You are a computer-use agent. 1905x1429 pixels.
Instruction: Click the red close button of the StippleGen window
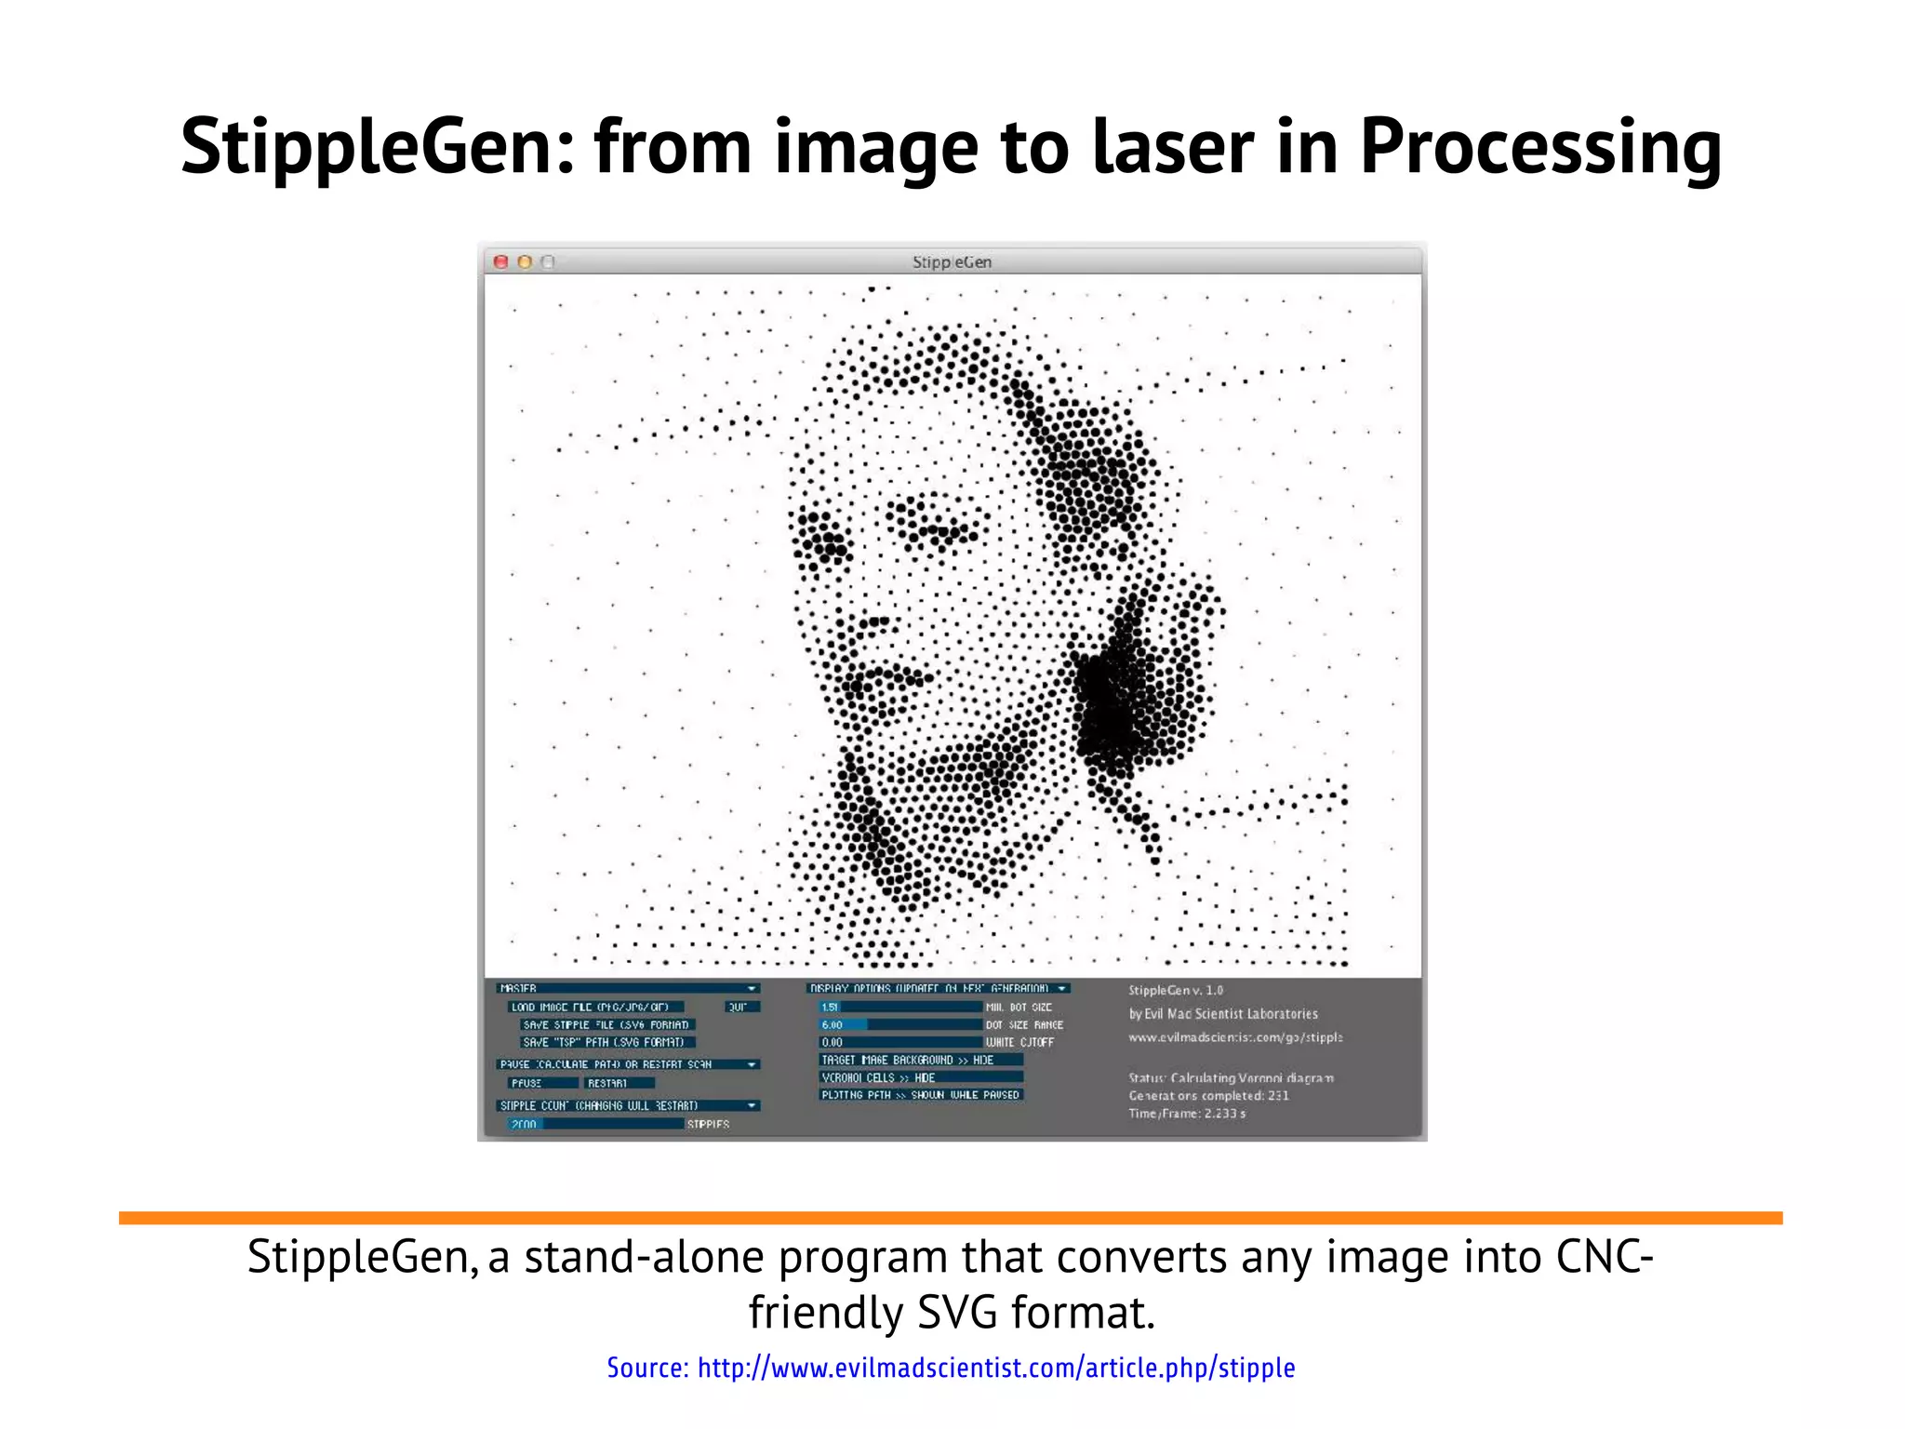click(x=500, y=262)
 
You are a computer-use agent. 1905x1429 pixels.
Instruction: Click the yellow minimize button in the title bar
click(x=525, y=262)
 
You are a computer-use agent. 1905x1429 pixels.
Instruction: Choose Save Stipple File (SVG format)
click(x=606, y=1024)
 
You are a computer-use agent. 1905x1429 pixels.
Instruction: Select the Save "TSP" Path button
click(x=606, y=1042)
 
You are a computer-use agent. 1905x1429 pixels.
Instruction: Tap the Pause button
click(x=541, y=1083)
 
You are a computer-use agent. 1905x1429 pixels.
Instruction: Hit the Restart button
click(x=619, y=1083)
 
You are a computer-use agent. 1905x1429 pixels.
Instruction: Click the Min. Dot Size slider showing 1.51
click(x=899, y=1007)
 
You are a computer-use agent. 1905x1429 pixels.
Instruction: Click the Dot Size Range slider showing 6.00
click(x=899, y=1024)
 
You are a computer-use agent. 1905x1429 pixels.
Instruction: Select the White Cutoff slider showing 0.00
click(x=899, y=1042)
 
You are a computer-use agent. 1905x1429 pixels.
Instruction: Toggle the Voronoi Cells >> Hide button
click(x=920, y=1077)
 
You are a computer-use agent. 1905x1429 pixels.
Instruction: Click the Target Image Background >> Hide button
click(x=920, y=1060)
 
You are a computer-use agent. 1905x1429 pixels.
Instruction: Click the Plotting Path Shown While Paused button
click(x=920, y=1095)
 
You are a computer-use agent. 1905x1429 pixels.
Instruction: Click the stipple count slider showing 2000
click(x=595, y=1124)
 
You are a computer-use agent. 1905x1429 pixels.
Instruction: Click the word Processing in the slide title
click(x=1540, y=147)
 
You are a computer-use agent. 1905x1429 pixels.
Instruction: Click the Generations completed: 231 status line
click(x=1208, y=1096)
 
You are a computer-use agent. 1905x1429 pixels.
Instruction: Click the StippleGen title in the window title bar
click(x=952, y=262)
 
